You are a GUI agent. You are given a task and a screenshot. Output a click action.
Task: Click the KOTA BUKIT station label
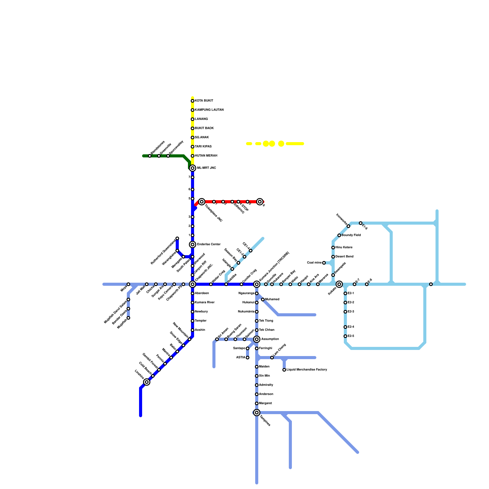click(204, 101)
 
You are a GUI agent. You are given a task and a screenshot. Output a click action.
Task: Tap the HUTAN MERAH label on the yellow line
click(206, 156)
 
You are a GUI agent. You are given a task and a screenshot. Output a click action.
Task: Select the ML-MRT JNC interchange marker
click(193, 168)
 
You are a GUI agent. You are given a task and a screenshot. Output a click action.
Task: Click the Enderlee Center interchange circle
click(193, 244)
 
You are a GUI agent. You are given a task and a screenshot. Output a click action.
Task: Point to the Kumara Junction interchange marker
click(257, 284)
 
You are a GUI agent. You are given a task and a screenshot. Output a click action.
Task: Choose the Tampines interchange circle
click(257, 413)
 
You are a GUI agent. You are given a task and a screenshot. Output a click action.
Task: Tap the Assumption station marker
click(257, 339)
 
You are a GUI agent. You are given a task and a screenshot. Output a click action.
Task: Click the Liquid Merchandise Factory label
click(307, 370)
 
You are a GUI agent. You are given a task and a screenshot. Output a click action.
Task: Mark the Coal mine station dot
click(324, 263)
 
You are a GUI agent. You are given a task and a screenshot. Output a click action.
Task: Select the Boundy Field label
click(351, 235)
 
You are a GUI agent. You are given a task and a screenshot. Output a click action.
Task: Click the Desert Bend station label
click(344, 257)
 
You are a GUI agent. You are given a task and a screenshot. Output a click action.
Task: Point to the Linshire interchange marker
click(147, 382)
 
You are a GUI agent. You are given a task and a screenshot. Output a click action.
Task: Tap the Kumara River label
click(204, 303)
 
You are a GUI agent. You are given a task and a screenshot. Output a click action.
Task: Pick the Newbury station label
click(201, 312)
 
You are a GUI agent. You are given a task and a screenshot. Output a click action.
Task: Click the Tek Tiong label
click(266, 321)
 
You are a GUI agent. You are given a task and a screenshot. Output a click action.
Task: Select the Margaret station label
click(265, 403)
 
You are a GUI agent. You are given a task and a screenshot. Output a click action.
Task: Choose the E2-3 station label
click(351, 312)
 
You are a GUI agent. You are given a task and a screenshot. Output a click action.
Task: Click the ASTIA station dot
click(248, 358)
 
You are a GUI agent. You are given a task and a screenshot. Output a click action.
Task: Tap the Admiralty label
click(266, 385)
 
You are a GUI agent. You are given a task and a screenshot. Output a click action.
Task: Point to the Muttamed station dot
click(263, 300)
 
